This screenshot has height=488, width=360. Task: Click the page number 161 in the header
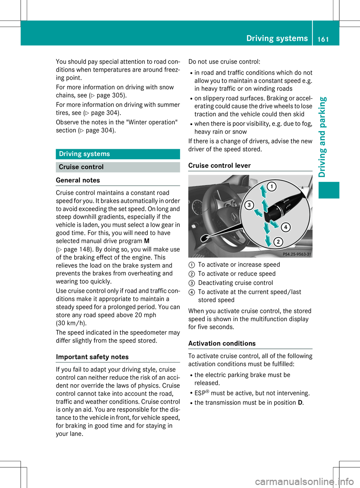(323, 39)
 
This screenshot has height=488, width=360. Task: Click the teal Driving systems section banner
(118, 154)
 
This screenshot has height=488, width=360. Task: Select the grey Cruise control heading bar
(118, 167)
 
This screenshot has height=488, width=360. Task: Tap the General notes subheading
(78, 180)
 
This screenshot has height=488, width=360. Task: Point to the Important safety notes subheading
(92, 357)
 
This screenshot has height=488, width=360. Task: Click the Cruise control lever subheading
(219, 166)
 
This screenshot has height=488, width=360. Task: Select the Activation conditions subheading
(222, 344)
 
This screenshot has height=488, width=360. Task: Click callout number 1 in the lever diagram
(271, 186)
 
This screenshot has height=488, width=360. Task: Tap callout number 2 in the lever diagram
(278, 242)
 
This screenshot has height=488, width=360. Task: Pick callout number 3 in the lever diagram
(249, 205)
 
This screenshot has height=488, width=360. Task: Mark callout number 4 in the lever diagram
(285, 227)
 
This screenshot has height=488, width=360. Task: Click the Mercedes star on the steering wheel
(234, 217)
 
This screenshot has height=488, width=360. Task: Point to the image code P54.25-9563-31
(297, 254)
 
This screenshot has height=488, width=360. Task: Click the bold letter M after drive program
(147, 241)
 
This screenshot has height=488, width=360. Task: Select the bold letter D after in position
(300, 403)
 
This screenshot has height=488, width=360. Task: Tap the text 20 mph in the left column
(145, 315)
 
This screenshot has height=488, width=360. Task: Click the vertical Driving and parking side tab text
(322, 137)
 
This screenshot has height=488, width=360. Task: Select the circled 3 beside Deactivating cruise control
(191, 283)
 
